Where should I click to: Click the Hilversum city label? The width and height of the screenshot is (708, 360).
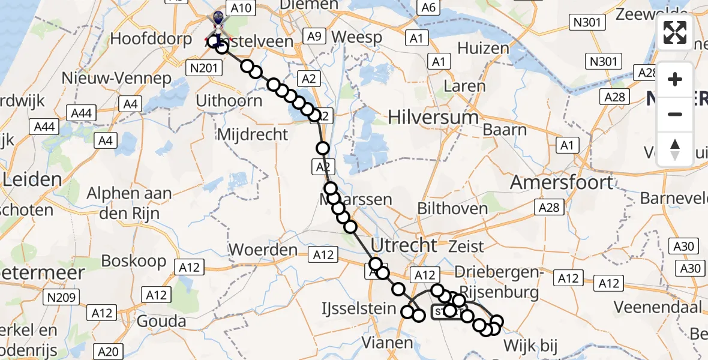coord(434,117)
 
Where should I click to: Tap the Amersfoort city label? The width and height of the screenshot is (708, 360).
coord(562,182)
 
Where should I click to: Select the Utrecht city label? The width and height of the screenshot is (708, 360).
coord(404,245)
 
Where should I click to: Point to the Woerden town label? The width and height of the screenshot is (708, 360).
coord(263,249)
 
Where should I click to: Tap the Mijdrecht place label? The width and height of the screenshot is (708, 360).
coord(252,134)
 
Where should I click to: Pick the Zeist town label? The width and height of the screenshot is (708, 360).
coord(466,248)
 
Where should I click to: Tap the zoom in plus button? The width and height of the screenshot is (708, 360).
coord(675,79)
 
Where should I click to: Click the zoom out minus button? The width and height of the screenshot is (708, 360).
coord(675,114)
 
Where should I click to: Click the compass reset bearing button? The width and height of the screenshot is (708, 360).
coord(675,149)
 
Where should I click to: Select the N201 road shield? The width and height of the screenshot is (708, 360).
coord(203,68)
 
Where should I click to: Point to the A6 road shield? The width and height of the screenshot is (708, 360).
coord(427,7)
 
